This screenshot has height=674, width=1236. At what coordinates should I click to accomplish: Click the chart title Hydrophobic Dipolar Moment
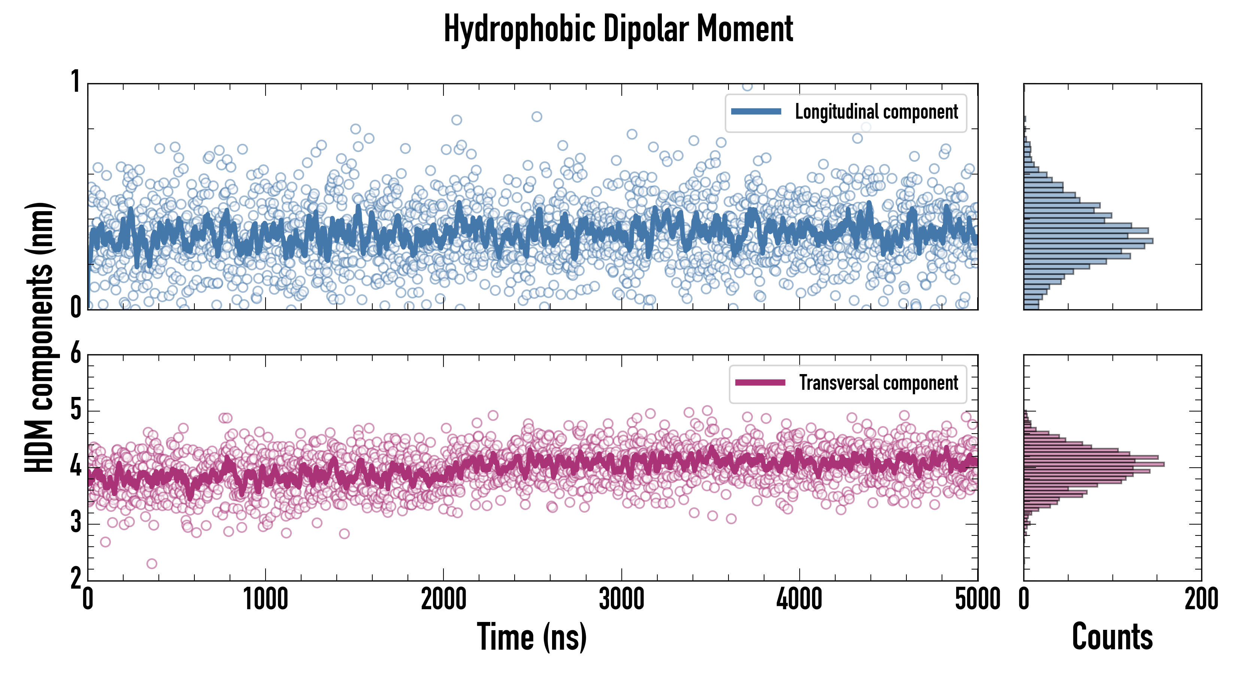point(618,29)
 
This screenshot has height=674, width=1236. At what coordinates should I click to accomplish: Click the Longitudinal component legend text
point(876,112)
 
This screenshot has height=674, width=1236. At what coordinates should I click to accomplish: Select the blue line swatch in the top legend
point(756,112)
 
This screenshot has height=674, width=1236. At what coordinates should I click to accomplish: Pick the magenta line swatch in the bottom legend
point(760,383)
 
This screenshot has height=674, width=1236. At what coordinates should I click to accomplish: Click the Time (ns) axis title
point(531,637)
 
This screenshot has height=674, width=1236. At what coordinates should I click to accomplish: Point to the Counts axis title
point(1112,637)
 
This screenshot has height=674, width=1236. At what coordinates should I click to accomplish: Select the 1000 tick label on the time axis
point(265,599)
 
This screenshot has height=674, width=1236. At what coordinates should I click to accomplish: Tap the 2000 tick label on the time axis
point(443,599)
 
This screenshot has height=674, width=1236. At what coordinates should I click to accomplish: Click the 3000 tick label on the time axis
point(621,599)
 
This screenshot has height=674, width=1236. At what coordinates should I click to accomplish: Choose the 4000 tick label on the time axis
point(799,599)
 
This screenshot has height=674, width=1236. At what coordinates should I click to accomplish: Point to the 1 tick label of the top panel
point(75,82)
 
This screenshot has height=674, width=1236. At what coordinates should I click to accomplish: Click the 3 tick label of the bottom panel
point(75,523)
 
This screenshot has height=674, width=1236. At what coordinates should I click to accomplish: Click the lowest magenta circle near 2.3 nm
point(152,564)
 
